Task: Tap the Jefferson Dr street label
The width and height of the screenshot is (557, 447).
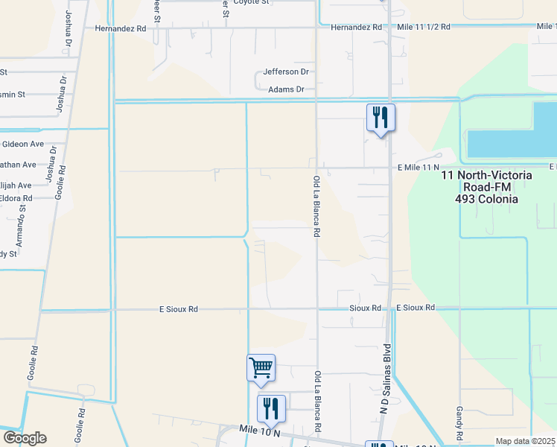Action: pos(286,72)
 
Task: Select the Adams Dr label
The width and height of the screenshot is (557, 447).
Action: pos(287,89)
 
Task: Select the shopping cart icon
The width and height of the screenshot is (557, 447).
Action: pos(261,367)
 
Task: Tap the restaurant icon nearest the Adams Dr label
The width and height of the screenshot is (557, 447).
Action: pos(381,117)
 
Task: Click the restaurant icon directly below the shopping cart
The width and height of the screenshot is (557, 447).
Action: pos(271,408)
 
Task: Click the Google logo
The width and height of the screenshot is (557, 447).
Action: pos(25,438)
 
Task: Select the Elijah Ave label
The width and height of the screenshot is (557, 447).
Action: pos(16,185)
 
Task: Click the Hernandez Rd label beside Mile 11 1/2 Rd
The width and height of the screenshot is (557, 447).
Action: pos(356,27)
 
